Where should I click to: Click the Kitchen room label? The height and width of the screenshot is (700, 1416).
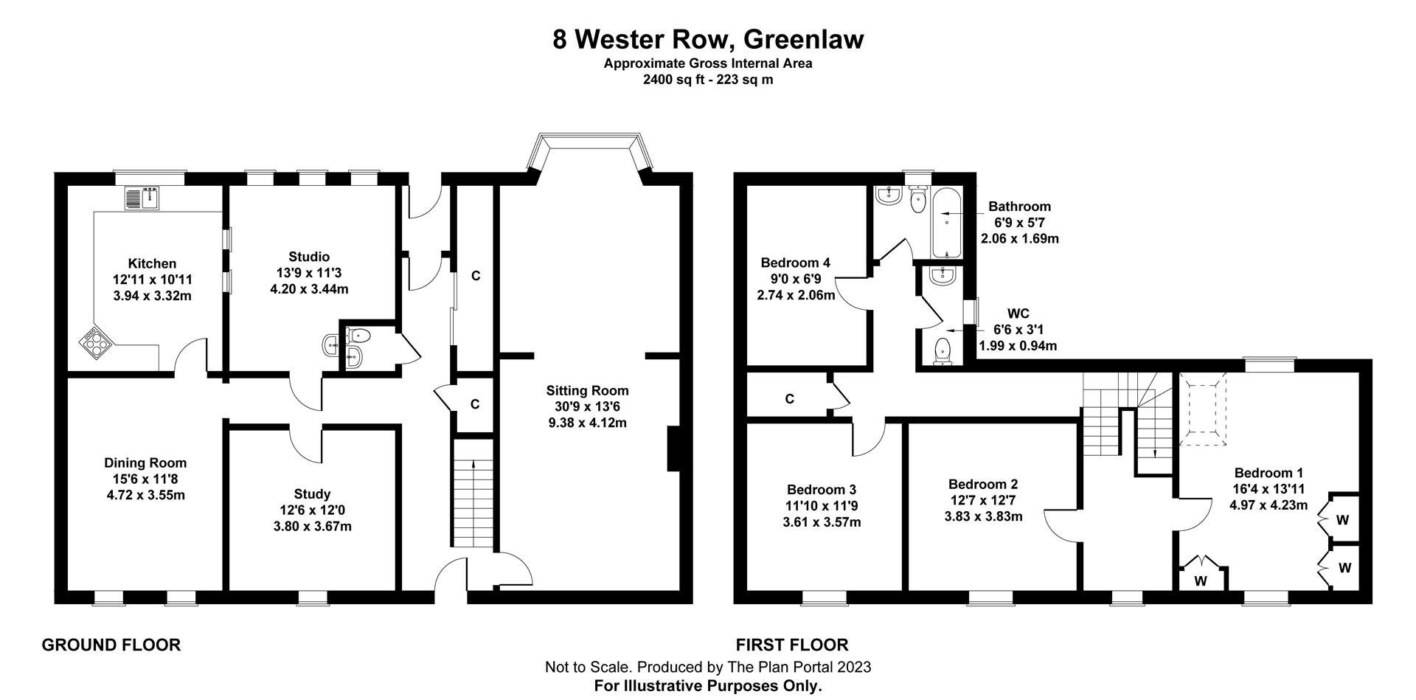point(152,263)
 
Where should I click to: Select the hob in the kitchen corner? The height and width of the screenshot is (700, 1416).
point(96,342)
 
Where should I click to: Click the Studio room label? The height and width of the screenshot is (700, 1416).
point(309,257)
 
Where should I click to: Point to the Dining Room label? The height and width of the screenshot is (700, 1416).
point(145,462)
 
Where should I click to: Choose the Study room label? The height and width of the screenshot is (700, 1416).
point(312,493)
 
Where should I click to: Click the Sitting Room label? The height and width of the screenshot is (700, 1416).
point(587,390)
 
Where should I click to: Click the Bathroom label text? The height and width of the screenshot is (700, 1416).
point(1019,207)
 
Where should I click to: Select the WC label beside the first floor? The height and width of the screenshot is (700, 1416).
point(1018,313)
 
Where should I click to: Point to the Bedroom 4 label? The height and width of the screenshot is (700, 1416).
point(795,263)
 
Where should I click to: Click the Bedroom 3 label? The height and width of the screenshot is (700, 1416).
point(821,489)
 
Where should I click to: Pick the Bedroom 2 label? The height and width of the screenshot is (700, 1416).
point(983,484)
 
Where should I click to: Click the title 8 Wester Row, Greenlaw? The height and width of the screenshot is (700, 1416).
point(708,38)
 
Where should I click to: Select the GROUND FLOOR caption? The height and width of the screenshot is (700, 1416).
point(111,645)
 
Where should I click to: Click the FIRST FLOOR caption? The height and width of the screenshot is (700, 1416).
point(792,645)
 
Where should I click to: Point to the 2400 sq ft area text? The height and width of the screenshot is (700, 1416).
point(708,80)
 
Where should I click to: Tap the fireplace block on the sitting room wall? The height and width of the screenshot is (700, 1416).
point(673,448)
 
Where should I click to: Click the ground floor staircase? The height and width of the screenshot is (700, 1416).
point(473,502)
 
